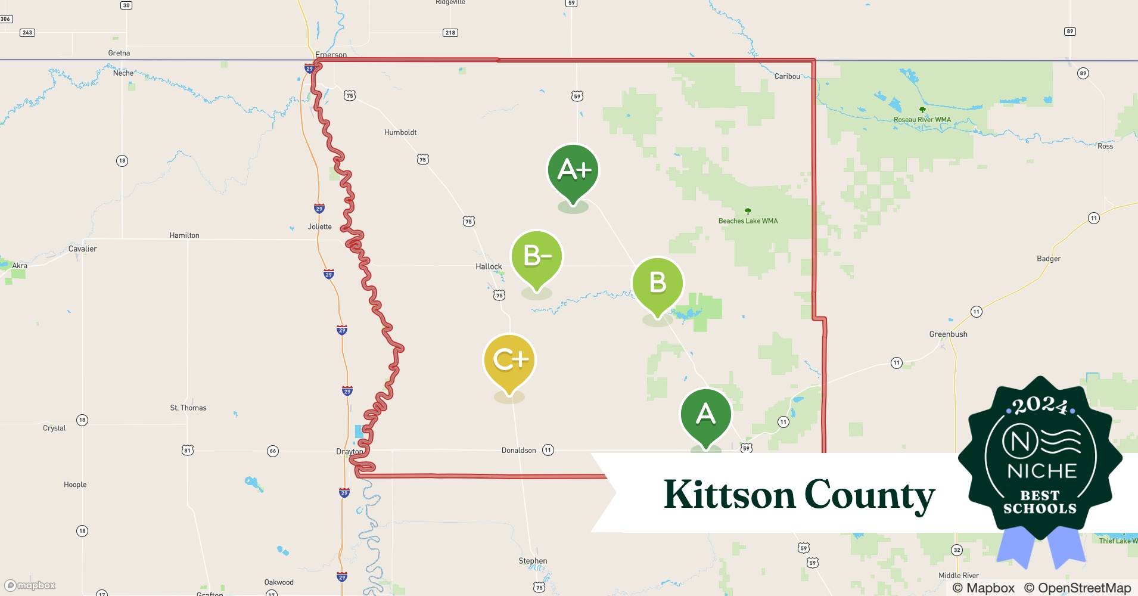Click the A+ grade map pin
573,171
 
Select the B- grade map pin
537,257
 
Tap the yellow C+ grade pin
509,360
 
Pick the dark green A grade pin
706,414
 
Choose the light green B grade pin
657,283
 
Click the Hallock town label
489,266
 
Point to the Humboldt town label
400,132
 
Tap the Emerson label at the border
331,55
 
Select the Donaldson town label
518,451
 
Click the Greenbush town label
948,334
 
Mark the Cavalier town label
82,249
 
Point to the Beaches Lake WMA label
748,221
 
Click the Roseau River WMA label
922,120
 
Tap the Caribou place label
787,76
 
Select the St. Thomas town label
188,408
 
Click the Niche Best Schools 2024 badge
1040,459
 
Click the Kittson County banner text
799,495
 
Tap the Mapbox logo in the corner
30,585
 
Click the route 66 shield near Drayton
273,451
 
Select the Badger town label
1049,259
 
